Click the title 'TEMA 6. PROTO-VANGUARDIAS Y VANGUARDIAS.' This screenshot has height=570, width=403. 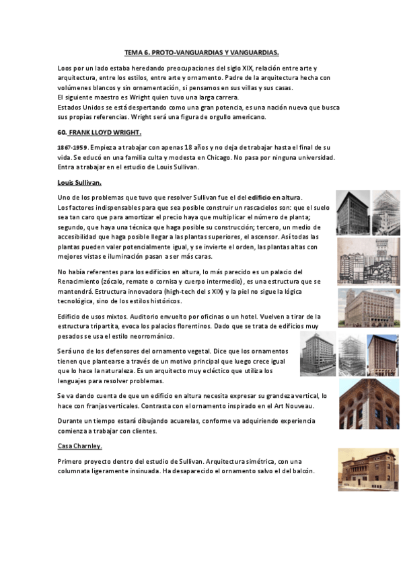(x=202, y=52)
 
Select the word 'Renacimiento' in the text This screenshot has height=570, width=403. (x=81, y=280)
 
